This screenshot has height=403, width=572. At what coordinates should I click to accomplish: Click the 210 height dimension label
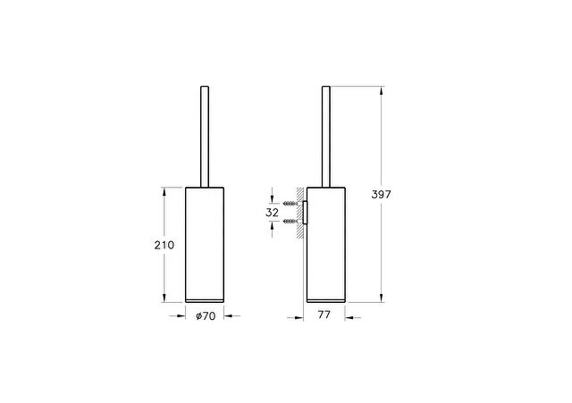point(164,245)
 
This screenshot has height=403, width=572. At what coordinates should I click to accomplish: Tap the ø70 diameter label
point(206,315)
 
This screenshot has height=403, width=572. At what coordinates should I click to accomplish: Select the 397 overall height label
point(381,195)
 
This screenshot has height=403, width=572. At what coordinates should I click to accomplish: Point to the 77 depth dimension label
point(324,315)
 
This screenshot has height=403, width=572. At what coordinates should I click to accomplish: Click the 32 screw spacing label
point(272,213)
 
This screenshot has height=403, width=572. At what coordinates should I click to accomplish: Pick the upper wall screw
point(290,203)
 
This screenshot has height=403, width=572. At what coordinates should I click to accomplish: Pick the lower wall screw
point(290,221)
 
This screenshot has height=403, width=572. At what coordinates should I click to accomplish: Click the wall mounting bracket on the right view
point(305,212)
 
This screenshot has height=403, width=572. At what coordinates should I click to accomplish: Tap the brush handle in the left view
point(205,137)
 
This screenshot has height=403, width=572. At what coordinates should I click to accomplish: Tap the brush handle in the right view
point(325,137)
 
